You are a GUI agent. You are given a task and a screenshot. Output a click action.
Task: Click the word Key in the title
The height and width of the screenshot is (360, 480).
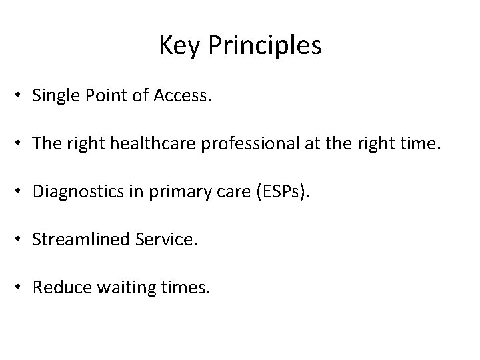tap(175, 46)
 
